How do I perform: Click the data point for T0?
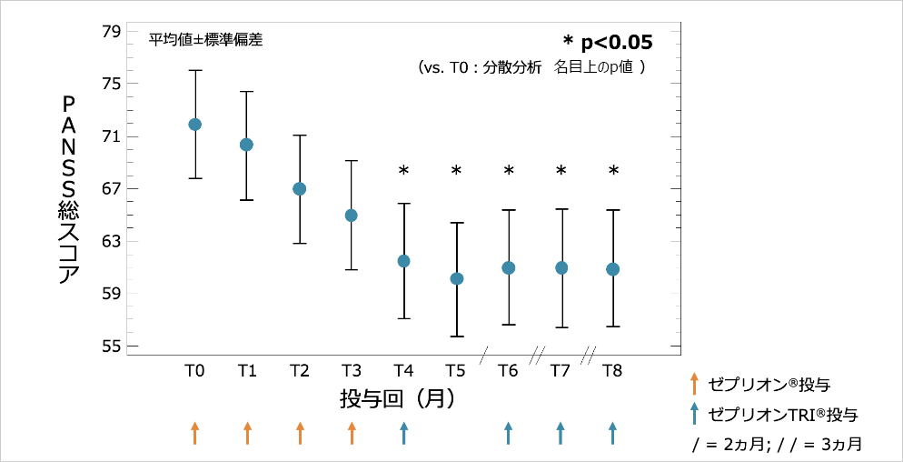point(194,125)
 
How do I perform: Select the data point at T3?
point(352,216)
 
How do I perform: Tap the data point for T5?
point(457,279)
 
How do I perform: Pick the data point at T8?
point(613,269)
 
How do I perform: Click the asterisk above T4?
point(404,171)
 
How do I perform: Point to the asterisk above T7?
point(561,171)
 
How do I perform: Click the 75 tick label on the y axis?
point(111,84)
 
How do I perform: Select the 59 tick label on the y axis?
point(111,294)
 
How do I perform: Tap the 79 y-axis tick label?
point(111,32)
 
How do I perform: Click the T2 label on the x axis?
point(299,370)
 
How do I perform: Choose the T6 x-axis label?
point(509,370)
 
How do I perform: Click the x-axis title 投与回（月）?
point(398,398)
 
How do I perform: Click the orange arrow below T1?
point(247,433)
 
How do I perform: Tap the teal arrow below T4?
point(404,433)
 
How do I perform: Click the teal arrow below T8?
point(613,433)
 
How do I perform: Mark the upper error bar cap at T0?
point(194,70)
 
